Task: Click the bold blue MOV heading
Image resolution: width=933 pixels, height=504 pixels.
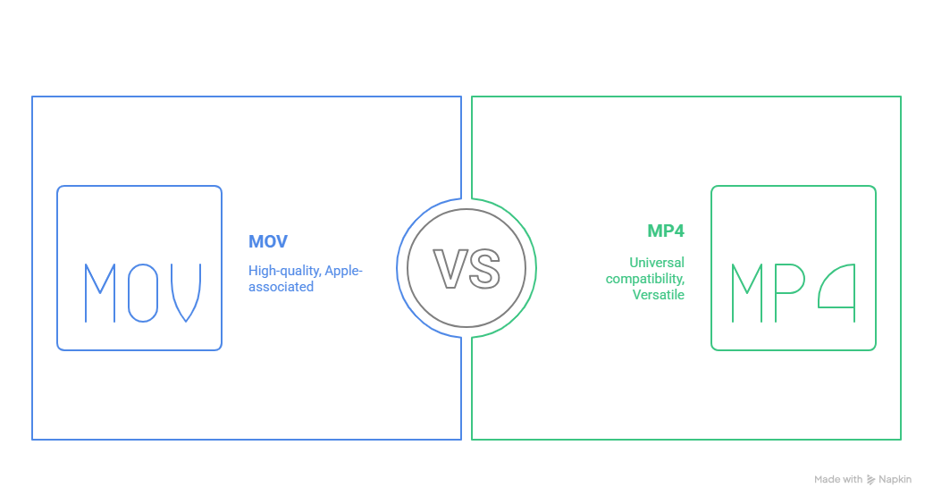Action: pos(268,242)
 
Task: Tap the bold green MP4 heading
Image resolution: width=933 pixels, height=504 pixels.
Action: pos(666,231)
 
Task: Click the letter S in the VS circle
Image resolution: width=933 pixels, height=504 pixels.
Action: pos(483,268)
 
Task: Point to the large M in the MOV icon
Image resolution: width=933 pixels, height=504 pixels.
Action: pos(99,293)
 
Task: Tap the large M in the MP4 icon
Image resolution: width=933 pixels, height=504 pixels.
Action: pos(749,293)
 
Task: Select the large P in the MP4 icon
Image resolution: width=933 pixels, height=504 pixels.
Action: pos(790,293)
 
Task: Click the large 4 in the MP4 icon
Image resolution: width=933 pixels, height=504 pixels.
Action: pos(837,293)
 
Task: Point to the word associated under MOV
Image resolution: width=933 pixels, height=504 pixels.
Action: pos(281,287)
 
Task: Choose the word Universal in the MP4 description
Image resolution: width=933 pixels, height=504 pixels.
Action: pos(657,263)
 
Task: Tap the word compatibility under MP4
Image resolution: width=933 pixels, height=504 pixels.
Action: pos(646,279)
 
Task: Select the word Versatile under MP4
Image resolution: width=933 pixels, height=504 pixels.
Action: pos(659,295)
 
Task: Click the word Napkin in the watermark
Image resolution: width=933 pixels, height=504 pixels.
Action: pos(895,480)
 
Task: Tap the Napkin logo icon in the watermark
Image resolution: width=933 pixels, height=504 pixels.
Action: pos(871,480)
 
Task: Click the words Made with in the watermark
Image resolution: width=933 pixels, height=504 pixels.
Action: pos(838,480)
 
